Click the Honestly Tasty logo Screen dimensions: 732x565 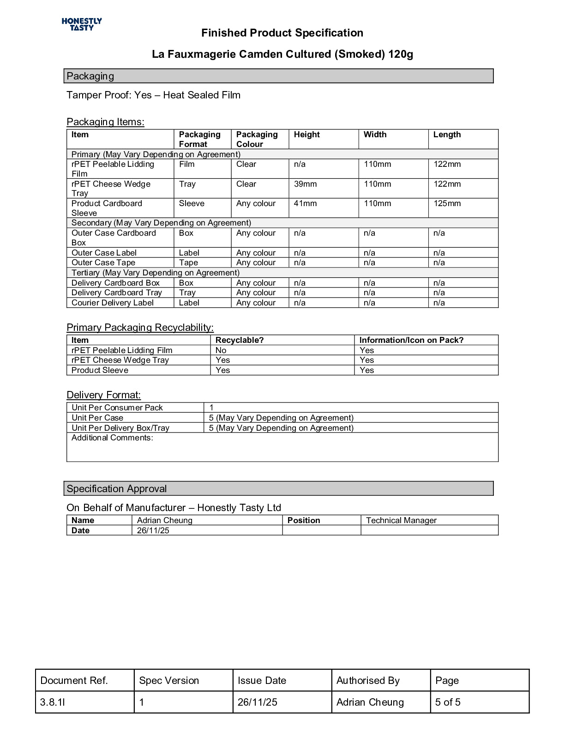tap(82, 24)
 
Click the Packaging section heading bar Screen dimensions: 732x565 tap(278, 76)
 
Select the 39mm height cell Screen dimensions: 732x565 tap(305, 184)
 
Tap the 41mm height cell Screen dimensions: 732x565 tap(305, 203)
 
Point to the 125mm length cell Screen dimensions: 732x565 tap(447, 203)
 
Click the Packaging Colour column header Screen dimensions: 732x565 tap(257, 139)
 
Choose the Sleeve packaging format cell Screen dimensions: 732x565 tap(192, 203)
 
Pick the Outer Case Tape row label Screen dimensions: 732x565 tap(103, 262)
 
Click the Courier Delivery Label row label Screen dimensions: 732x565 tap(113, 303)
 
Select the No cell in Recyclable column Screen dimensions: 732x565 tap(221, 350)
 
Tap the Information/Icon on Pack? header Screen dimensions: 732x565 tap(411, 340)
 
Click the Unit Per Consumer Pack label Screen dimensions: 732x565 tap(117, 408)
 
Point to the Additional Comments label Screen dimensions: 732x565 tap(112, 438)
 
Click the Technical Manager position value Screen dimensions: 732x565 tap(401, 520)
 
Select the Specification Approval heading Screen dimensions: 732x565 tap(117, 489)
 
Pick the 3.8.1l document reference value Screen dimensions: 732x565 tap(53, 702)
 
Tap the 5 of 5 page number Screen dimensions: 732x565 tap(448, 702)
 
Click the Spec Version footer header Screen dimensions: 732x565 tap(169, 681)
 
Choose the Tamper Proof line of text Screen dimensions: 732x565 tap(153, 95)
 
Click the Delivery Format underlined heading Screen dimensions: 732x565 tap(103, 395)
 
